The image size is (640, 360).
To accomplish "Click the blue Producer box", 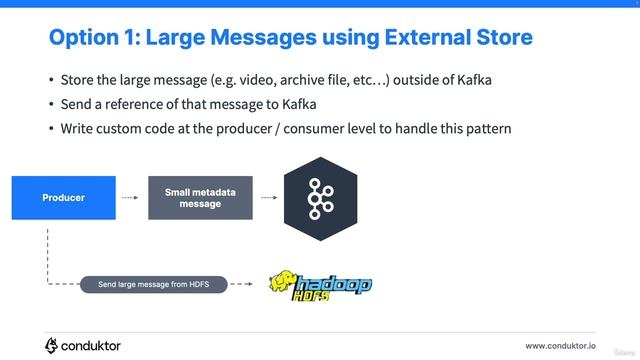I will [63, 198].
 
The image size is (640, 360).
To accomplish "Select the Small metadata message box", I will [200, 198].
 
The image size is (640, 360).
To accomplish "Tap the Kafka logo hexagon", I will [321, 197].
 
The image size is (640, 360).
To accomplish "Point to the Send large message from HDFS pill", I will [154, 284].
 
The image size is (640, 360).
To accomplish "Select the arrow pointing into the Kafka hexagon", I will [268, 198].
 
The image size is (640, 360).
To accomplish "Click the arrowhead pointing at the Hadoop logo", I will [249, 284].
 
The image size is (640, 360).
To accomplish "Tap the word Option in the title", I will [86, 38].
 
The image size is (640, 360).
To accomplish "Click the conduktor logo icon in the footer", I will [52, 345].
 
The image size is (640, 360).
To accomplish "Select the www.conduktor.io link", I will [560, 346].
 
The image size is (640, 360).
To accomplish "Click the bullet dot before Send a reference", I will [51, 104].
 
